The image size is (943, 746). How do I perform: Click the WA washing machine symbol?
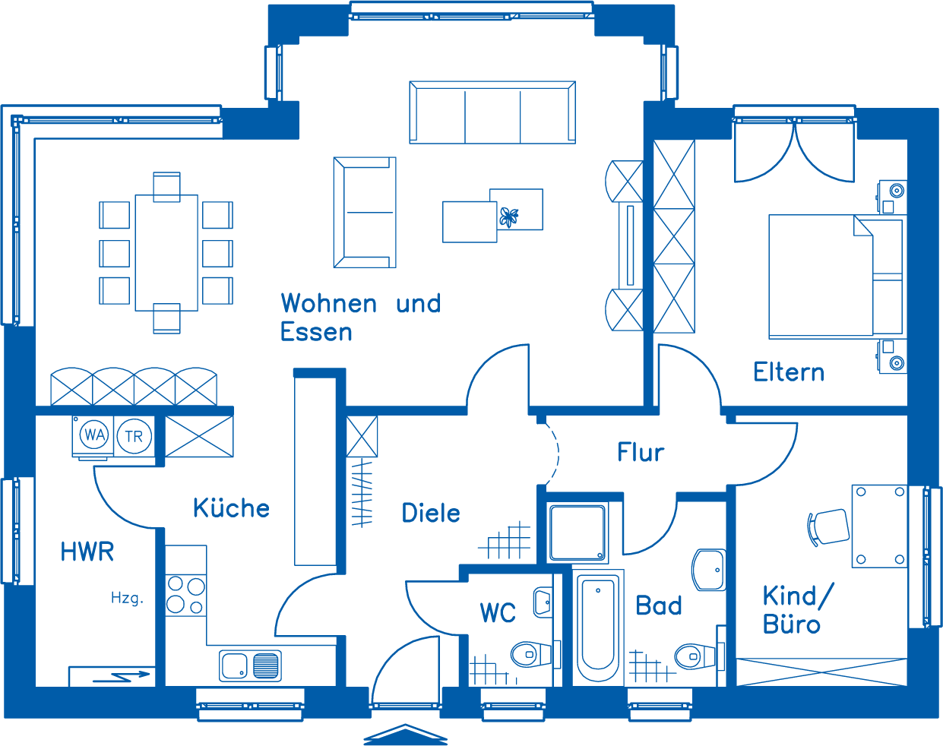coord(93,436)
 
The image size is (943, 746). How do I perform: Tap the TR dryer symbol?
coord(134,436)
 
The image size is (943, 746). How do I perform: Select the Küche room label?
coord(231,507)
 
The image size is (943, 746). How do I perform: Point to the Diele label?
coord(431,513)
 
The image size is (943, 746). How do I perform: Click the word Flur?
coord(641,452)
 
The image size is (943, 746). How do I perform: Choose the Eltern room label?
coord(789,372)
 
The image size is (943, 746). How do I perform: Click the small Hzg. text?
coord(127,598)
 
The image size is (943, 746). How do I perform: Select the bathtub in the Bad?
coord(598,627)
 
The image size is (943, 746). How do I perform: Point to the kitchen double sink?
coord(250,665)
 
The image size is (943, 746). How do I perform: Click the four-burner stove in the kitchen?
coord(186,595)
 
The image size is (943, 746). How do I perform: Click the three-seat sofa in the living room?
coord(492,112)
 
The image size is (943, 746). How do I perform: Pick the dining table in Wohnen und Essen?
coord(166,253)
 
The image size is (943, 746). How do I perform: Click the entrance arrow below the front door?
coord(405,735)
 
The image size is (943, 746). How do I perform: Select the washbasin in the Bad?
coord(708,570)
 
